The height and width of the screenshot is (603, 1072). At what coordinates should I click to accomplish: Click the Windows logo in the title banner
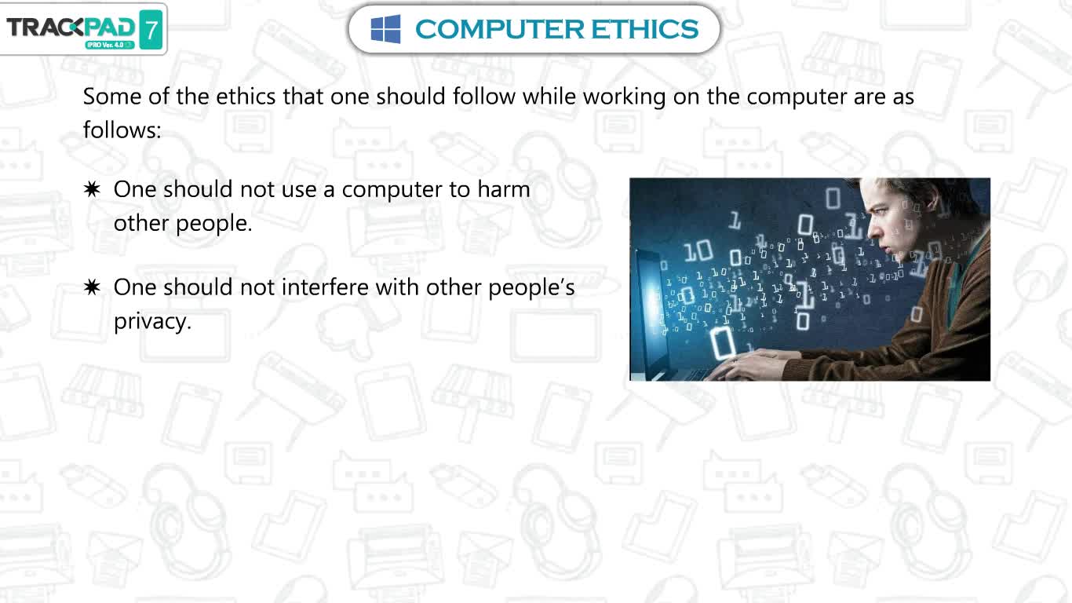tap(386, 29)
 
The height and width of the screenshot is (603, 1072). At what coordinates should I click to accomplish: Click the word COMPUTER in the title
tap(500, 29)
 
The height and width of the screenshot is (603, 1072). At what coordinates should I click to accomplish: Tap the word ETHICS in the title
tap(644, 29)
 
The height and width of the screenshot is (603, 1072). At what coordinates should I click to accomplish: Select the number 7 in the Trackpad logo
tap(151, 30)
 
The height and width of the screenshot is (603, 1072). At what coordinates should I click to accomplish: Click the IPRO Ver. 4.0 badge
tap(110, 45)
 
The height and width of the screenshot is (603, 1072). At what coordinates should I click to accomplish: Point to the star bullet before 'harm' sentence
tap(92, 190)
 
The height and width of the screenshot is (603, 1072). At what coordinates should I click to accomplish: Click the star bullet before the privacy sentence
tap(92, 287)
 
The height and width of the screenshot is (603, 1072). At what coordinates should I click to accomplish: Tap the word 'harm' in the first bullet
tap(504, 189)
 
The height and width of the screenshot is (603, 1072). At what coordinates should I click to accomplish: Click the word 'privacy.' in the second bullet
tap(153, 322)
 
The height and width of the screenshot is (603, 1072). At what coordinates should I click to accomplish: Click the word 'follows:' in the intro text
tap(122, 130)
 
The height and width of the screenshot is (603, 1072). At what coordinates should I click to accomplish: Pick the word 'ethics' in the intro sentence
tap(246, 97)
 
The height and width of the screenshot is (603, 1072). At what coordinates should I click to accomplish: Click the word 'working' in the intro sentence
tap(624, 97)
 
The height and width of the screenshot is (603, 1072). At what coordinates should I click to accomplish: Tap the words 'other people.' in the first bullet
tap(183, 224)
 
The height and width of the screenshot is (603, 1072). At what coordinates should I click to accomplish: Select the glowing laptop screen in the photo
tap(650, 306)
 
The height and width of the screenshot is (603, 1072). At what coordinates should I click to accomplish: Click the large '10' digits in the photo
tap(698, 251)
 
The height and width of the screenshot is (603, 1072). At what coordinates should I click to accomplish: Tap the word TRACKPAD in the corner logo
tap(71, 27)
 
